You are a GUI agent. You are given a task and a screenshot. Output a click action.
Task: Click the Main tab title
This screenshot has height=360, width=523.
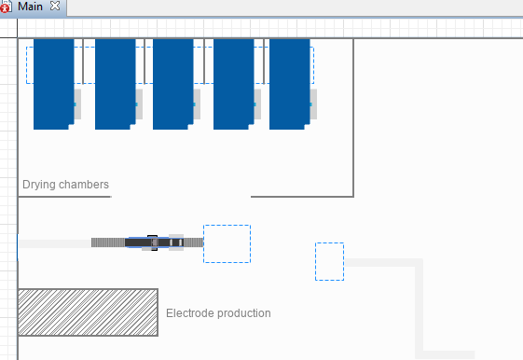pos(30,7)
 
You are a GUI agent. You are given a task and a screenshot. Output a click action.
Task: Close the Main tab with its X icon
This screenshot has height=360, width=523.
pos(55,6)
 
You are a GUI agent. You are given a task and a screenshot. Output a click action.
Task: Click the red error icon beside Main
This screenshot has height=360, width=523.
pos(5,7)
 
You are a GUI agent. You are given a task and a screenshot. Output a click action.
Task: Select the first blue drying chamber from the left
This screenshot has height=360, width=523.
pos(54,84)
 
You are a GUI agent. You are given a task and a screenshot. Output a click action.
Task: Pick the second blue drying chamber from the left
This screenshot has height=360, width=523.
pos(116,84)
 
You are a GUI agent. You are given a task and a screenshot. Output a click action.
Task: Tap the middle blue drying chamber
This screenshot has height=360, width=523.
pos(173,84)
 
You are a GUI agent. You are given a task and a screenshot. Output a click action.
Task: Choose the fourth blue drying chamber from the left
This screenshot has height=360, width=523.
pos(234,84)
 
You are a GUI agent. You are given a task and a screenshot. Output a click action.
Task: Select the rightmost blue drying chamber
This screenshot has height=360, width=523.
pos(290,84)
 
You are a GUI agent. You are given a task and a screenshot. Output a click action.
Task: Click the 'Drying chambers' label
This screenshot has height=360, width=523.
pos(65,185)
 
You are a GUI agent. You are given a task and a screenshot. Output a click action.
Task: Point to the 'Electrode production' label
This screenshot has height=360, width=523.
pos(218,313)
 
